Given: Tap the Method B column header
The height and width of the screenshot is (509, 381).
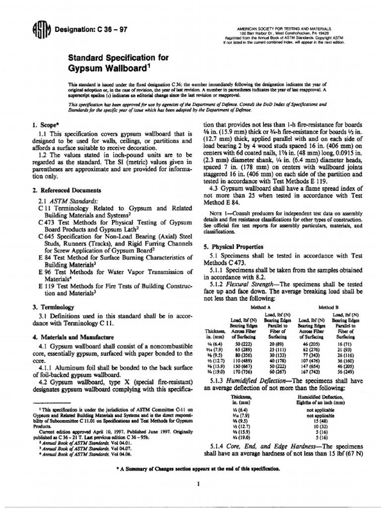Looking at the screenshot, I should [328, 308].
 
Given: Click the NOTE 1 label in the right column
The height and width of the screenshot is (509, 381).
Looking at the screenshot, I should [220, 213].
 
